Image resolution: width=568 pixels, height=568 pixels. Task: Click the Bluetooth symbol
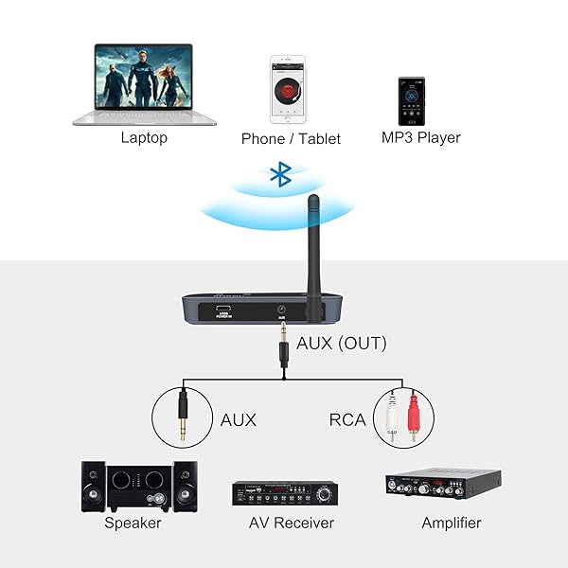pyautogui.click(x=280, y=174)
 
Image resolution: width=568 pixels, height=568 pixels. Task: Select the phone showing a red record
pyautogui.click(x=290, y=89)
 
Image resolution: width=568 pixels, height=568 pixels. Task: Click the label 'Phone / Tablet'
pyautogui.click(x=291, y=138)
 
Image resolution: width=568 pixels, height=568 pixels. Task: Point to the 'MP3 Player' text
pyautogui.click(x=420, y=137)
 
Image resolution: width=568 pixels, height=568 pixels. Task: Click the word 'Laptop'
pyautogui.click(x=144, y=137)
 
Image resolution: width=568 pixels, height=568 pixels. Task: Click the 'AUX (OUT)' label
pyautogui.click(x=341, y=344)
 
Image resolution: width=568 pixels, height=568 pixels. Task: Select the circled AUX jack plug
pyautogui.click(x=183, y=417)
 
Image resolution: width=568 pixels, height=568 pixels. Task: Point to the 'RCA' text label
pyautogui.click(x=347, y=418)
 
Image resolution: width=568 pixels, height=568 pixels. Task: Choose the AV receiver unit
pyautogui.click(x=285, y=493)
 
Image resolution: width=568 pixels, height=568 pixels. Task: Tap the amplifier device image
pyautogui.click(x=442, y=484)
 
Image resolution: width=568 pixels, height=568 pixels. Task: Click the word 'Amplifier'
pyautogui.click(x=451, y=523)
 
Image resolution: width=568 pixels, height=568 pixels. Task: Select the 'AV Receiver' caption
pyautogui.click(x=290, y=523)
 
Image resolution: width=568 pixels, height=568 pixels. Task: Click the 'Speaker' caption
pyautogui.click(x=133, y=523)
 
